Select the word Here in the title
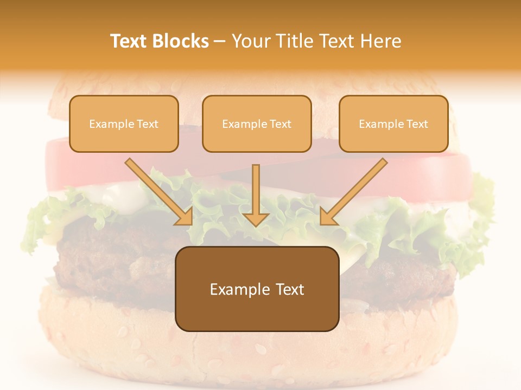[382, 41]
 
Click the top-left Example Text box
[124, 123]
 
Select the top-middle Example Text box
[257, 123]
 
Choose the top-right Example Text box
[393, 123]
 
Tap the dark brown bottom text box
[257, 289]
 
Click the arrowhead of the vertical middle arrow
[256, 218]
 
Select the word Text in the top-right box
[417, 124]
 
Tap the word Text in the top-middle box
[280, 124]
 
